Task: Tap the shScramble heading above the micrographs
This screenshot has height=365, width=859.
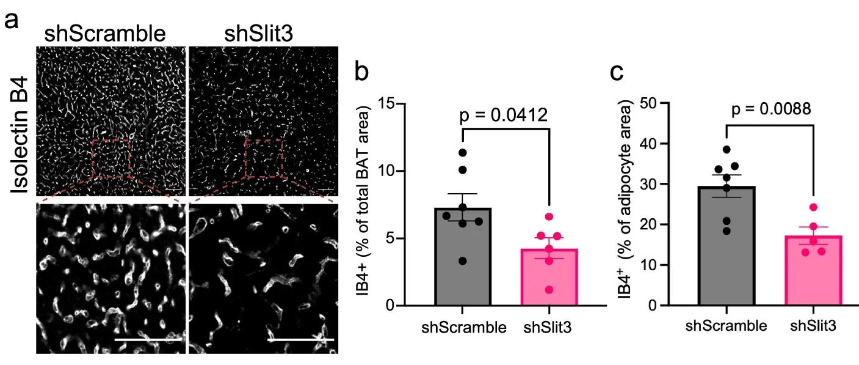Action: (105, 34)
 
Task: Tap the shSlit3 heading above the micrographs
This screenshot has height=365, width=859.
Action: (258, 34)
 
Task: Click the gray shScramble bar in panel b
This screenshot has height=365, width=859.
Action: (462, 257)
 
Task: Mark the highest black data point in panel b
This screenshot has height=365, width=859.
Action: (462, 152)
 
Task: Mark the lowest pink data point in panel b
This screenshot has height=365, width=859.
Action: (549, 289)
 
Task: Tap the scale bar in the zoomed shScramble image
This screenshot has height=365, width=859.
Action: (148, 339)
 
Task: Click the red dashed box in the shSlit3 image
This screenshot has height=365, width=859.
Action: (263, 158)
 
